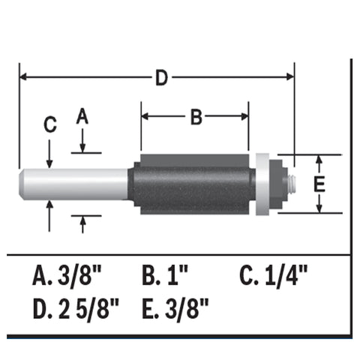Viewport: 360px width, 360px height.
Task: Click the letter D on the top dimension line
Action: point(160,77)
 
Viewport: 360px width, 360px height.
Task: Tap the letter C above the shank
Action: point(49,126)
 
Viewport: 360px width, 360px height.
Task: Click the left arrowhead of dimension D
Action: point(23,77)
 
